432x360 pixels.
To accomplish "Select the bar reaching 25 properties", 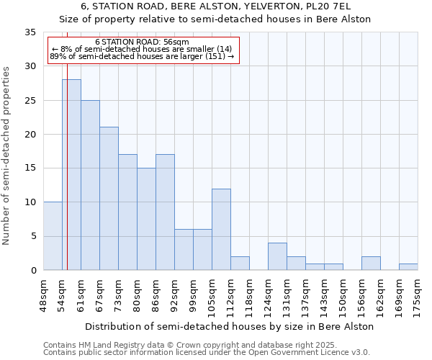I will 90,185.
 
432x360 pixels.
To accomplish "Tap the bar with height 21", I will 109,199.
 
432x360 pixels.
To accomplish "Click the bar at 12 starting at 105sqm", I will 221,229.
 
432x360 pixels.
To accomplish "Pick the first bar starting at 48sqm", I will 53,236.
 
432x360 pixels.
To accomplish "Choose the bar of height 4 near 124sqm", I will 277,256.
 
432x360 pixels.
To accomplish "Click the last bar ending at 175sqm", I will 408,266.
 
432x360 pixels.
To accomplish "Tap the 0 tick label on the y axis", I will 33,270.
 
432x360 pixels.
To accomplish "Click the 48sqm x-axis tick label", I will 43,294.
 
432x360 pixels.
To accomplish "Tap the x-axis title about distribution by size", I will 230,326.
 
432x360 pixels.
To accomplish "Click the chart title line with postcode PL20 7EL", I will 215,6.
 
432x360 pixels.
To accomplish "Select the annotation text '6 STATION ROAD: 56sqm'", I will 142,42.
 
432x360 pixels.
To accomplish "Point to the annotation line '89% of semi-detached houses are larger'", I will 142,56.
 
